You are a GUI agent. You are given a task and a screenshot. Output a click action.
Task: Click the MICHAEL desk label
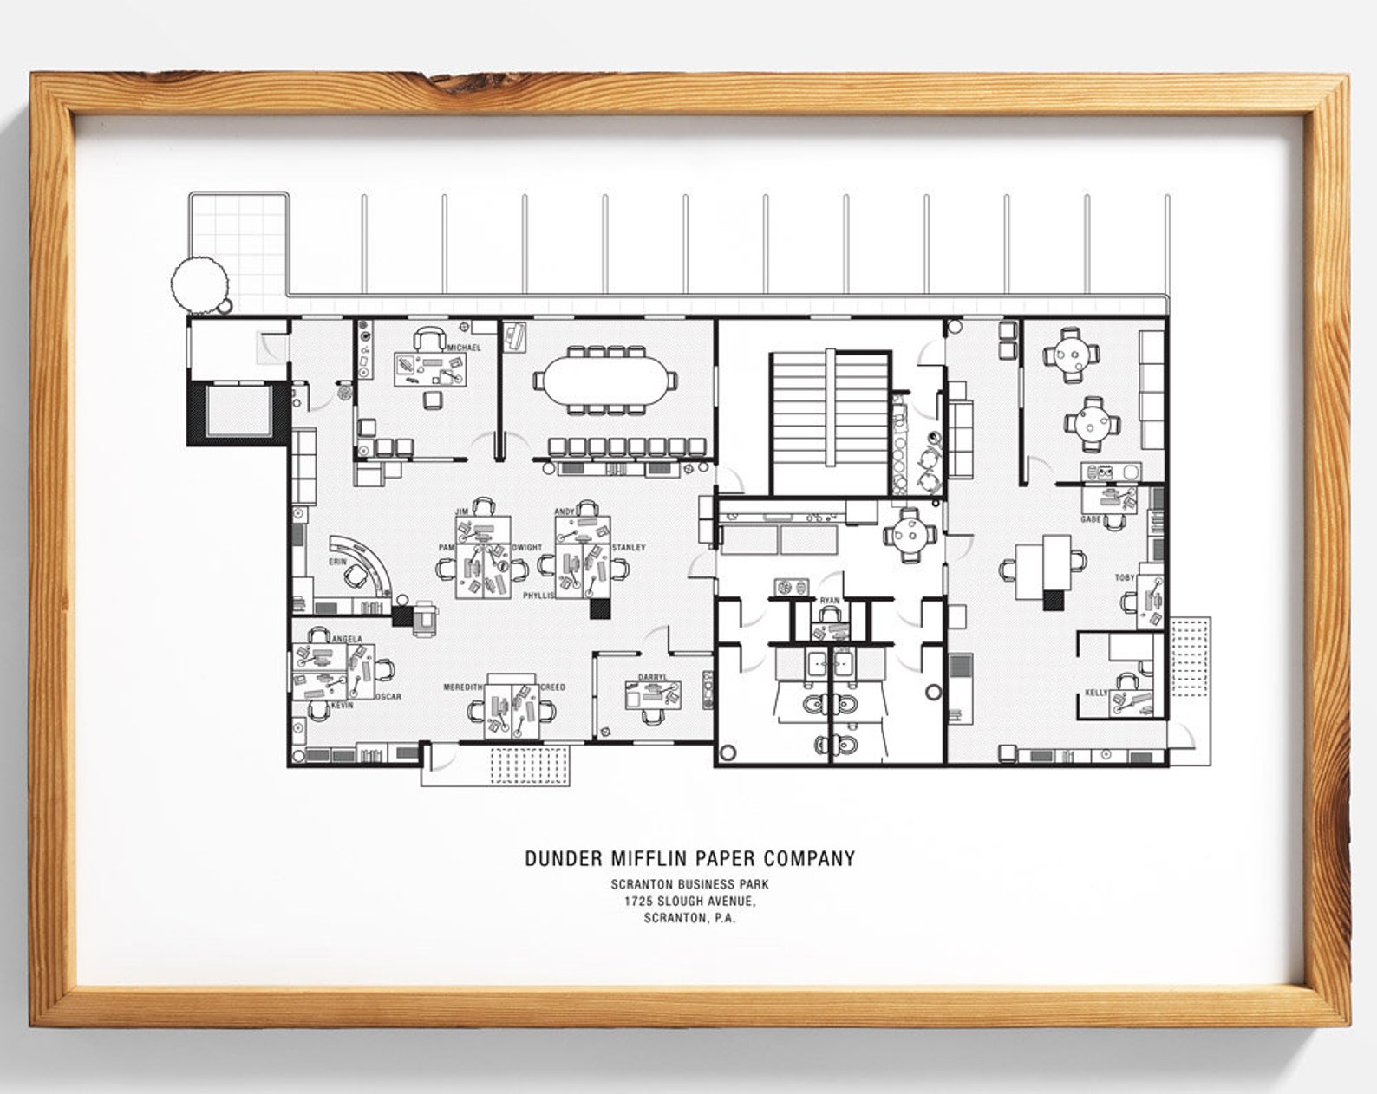(464, 348)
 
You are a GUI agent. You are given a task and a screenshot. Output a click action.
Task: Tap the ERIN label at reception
(337, 562)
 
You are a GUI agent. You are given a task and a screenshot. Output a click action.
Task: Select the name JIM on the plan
(461, 512)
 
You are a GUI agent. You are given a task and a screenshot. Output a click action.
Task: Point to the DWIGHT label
(527, 548)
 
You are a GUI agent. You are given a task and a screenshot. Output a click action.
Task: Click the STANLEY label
(629, 548)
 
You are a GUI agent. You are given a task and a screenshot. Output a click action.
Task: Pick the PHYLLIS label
(538, 596)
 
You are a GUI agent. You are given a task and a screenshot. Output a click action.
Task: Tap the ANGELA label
(347, 640)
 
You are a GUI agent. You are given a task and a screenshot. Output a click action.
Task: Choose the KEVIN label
(343, 706)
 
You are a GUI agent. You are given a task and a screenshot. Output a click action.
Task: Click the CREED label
(552, 687)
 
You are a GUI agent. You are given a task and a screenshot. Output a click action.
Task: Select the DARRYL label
(653, 677)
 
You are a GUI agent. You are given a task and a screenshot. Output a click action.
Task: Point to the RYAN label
(829, 601)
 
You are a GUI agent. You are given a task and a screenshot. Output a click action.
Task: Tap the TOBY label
(1125, 577)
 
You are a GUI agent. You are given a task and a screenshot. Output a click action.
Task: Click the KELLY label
(1096, 693)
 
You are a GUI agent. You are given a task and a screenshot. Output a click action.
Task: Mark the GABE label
(1091, 519)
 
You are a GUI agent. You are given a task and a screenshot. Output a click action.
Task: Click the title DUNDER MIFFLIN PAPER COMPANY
(689, 859)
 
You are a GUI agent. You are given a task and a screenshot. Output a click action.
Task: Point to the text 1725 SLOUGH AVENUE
(689, 902)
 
